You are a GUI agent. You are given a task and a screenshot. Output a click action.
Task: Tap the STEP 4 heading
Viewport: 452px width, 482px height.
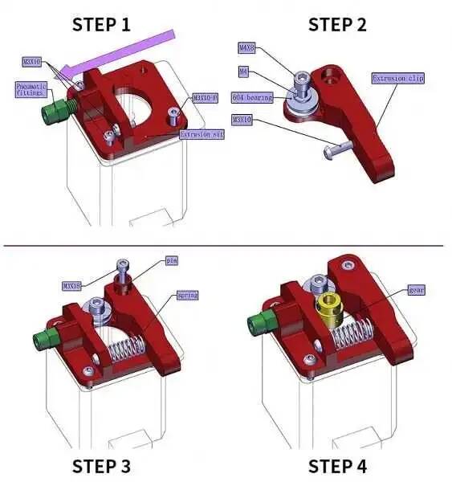tap(337, 466)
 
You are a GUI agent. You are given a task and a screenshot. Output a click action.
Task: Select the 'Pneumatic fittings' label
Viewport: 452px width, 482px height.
tap(33, 89)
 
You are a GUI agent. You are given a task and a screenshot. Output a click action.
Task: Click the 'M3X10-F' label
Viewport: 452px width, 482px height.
tap(205, 98)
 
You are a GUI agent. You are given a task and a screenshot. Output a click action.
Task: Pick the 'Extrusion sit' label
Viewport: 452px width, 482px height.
tap(202, 135)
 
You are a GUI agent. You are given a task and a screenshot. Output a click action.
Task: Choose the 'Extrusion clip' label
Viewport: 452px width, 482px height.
tap(397, 78)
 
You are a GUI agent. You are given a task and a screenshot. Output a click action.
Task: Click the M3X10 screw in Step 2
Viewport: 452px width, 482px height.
tap(340, 148)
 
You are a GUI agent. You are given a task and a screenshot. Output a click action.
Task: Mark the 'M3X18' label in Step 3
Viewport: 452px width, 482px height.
tap(73, 285)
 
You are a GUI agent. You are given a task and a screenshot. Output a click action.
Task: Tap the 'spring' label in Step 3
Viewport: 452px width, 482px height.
tap(187, 296)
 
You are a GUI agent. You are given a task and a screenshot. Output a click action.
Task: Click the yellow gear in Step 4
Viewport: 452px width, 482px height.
tap(329, 306)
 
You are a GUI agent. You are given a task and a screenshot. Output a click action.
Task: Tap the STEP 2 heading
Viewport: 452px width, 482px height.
tap(337, 24)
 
